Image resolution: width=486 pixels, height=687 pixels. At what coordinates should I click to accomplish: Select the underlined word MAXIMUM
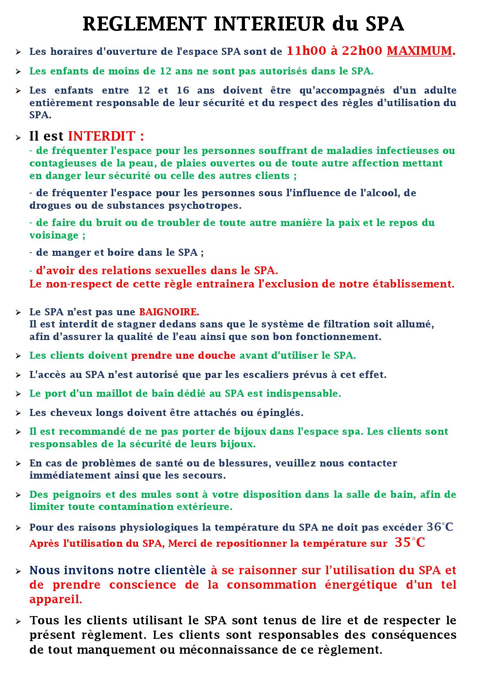(x=419, y=51)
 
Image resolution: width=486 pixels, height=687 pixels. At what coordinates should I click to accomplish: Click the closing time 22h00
(x=362, y=51)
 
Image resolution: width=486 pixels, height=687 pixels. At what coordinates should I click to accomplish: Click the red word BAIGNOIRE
(x=168, y=312)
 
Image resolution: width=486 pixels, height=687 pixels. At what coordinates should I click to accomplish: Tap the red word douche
(x=218, y=356)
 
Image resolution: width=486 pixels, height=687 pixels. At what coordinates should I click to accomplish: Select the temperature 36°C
(x=439, y=527)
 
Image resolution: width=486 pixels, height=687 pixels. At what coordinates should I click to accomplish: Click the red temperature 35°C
(x=410, y=543)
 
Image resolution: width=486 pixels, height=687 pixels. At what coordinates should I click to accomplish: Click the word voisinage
(x=54, y=235)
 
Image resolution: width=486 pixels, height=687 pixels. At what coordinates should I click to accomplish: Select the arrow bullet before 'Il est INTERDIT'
(x=18, y=137)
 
